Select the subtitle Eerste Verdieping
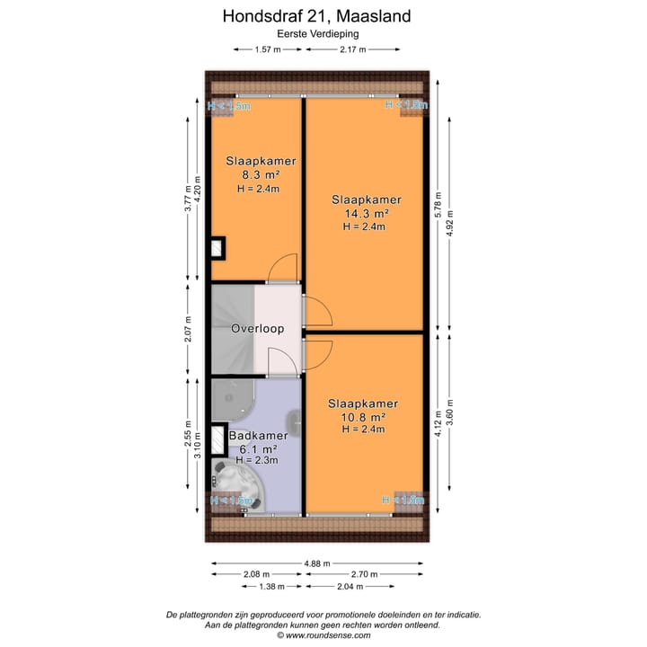coord(323,33)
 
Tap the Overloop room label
coord(257,329)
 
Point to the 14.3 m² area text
coord(366,214)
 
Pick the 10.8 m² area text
coord(362,418)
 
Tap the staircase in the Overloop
coord(232,328)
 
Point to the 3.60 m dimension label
coord(450,415)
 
